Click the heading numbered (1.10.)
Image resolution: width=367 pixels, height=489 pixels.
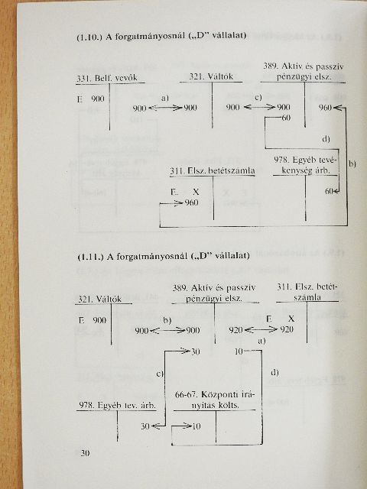tap(161, 36)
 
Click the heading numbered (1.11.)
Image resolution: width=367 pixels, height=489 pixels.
tap(163, 257)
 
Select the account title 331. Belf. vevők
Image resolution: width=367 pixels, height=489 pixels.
tap(107, 78)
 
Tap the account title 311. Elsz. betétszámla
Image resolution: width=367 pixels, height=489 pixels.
tap(213, 171)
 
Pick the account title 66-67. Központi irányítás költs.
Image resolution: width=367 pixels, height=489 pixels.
tap(214, 400)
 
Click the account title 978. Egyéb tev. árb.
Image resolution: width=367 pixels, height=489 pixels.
tap(117, 405)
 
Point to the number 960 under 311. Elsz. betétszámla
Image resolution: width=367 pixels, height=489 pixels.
tap(191, 203)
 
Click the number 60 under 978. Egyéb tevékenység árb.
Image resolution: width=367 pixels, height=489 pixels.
tap(329, 191)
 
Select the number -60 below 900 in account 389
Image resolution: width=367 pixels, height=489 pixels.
tap(285, 118)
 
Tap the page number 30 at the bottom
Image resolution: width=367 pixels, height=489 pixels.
tap(85, 453)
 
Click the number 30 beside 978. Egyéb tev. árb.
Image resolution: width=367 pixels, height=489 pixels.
tap(145, 426)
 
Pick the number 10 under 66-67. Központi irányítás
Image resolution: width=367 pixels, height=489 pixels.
tap(196, 426)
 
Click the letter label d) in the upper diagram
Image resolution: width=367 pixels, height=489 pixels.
tap(326, 139)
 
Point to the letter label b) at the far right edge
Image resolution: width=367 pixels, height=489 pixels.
tap(352, 164)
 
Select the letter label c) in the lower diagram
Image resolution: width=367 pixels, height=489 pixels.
tap(160, 374)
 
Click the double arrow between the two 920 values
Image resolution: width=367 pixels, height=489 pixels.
tap(261, 329)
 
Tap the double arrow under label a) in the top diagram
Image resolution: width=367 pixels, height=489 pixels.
tap(165, 108)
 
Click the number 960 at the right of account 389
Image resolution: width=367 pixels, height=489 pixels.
tap(325, 108)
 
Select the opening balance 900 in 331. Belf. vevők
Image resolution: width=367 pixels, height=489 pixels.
tap(98, 99)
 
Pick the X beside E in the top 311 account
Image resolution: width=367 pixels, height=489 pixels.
tap(196, 192)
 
